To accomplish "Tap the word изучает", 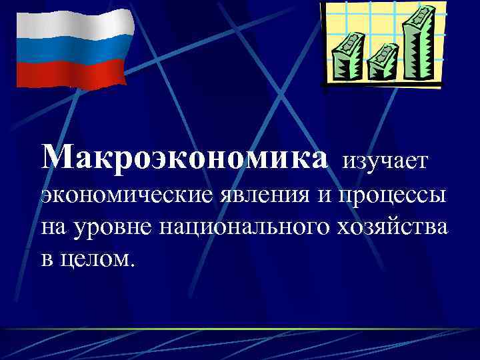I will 390,160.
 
